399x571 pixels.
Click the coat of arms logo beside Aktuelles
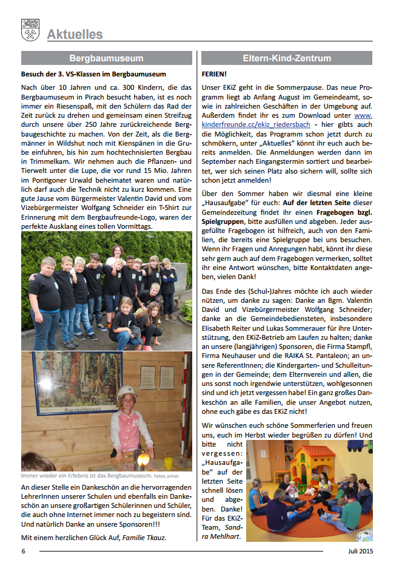coord(30,30)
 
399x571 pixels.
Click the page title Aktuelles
coord(75,35)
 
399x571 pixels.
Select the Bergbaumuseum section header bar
coord(106,58)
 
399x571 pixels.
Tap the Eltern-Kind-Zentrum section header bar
coord(287,58)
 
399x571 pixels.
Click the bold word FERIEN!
coord(215,74)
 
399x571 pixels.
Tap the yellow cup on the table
coord(167,462)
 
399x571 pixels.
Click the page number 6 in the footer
coord(24,551)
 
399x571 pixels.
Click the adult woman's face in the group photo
coord(118,250)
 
